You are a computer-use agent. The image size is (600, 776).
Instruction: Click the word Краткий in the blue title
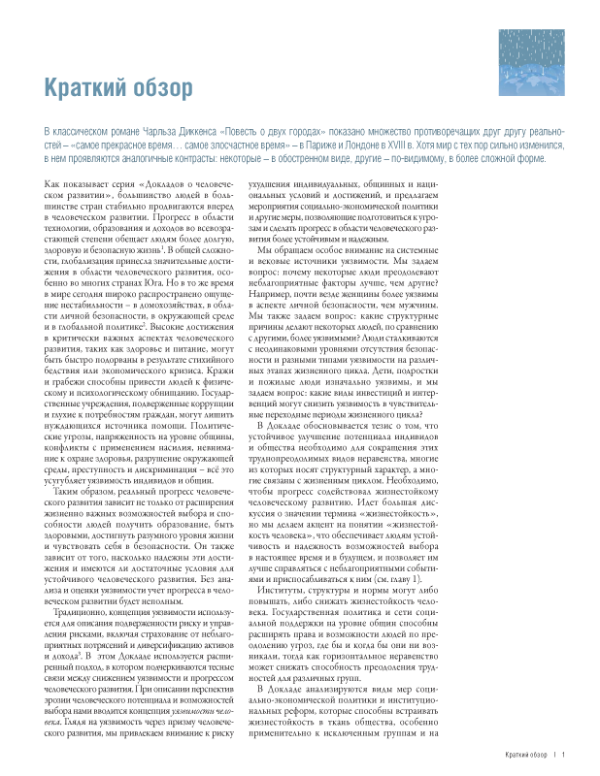85,89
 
